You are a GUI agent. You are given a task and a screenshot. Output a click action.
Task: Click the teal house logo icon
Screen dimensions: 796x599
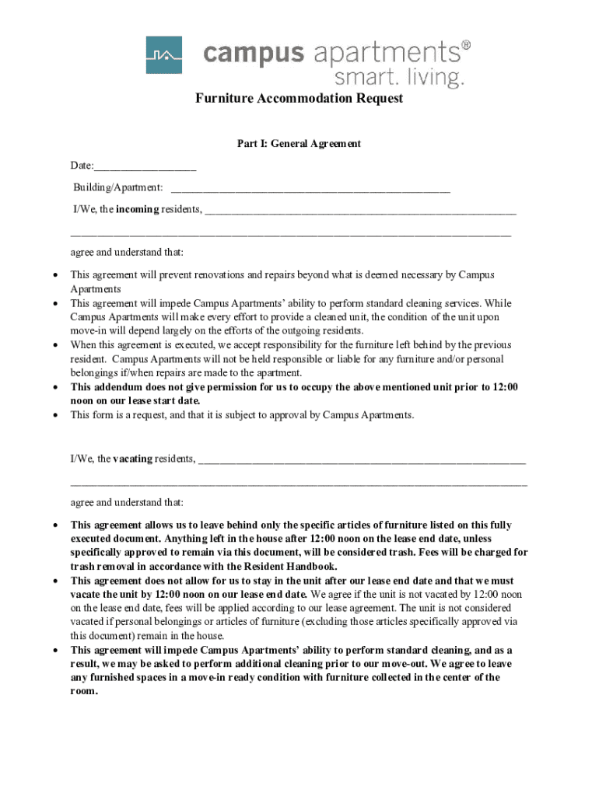click(x=163, y=55)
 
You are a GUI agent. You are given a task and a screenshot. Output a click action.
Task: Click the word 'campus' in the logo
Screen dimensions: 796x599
click(x=254, y=54)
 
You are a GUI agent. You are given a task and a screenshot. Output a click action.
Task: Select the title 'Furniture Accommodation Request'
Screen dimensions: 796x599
click(x=299, y=99)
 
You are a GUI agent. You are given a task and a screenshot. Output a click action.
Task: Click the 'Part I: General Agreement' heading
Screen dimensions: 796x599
click(x=299, y=144)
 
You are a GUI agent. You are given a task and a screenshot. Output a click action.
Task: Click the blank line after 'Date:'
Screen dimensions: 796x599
click(x=145, y=167)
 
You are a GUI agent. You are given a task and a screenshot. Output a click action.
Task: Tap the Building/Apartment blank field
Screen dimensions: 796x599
click(x=310, y=189)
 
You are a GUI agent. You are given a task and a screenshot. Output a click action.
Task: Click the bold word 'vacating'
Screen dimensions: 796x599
click(x=132, y=459)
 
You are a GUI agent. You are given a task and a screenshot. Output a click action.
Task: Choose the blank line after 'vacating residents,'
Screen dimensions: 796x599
click(x=362, y=460)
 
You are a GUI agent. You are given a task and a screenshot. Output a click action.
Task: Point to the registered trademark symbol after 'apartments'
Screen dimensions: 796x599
click(x=466, y=45)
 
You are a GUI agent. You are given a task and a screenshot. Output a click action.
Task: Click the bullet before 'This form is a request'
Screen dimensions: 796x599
click(x=54, y=415)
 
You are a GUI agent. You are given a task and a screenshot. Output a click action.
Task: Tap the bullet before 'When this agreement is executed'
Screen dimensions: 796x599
click(x=54, y=345)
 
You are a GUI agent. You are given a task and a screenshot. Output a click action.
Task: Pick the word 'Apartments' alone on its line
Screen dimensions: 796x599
click(x=96, y=289)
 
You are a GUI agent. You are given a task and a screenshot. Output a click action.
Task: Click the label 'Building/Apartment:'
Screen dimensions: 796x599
click(x=118, y=188)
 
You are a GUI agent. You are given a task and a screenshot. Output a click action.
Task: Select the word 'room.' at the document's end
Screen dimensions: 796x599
click(x=84, y=691)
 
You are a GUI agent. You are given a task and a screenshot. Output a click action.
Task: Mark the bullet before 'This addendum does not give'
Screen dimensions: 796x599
click(x=54, y=387)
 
